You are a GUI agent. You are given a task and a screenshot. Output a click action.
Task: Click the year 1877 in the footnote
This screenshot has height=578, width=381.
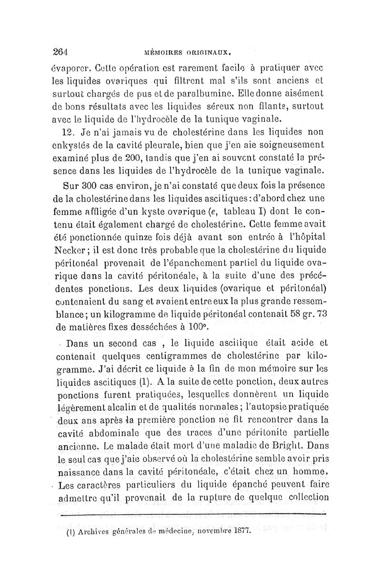coord(238,530)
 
